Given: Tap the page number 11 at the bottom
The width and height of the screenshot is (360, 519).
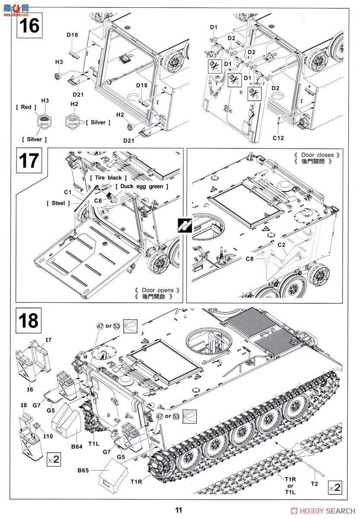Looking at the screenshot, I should (x=179, y=510).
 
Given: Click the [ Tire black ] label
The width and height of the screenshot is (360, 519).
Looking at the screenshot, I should (x=108, y=178).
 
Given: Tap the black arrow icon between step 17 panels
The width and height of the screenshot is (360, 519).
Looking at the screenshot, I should (x=185, y=225).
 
